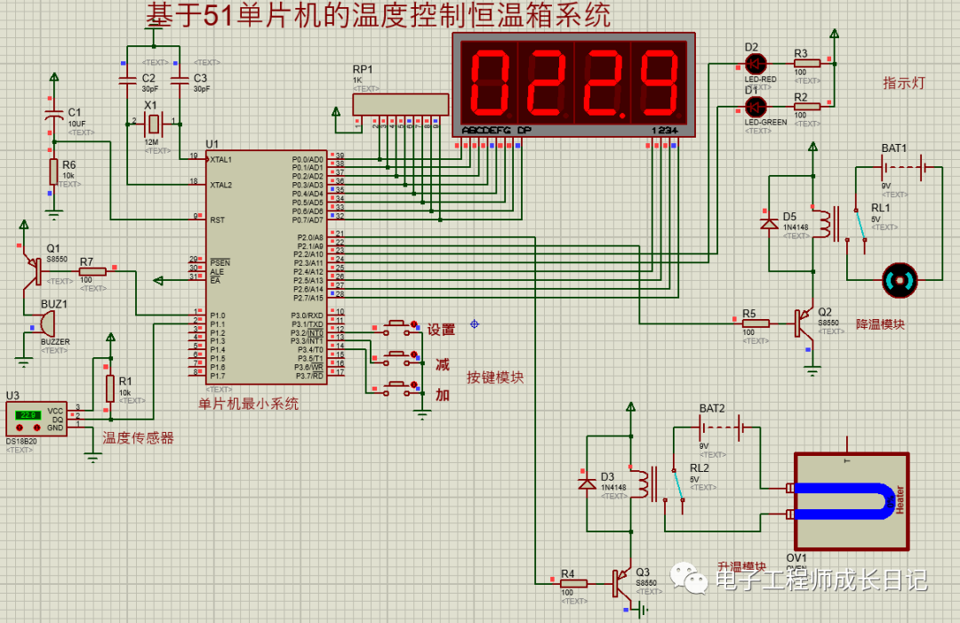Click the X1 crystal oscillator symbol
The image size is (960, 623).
click(154, 122)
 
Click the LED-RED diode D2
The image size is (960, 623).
click(756, 63)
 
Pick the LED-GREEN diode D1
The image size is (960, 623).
click(756, 107)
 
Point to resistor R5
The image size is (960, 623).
click(755, 323)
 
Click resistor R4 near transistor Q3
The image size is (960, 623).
click(574, 584)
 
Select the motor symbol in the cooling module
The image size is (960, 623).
click(897, 282)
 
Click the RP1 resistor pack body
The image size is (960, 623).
click(400, 104)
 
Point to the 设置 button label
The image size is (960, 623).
click(441, 330)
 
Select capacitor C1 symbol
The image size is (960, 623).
click(53, 116)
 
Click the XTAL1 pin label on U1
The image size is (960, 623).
click(220, 159)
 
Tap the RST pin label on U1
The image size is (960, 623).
click(216, 219)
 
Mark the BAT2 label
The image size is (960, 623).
click(712, 409)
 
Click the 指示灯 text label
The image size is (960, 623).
click(904, 83)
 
